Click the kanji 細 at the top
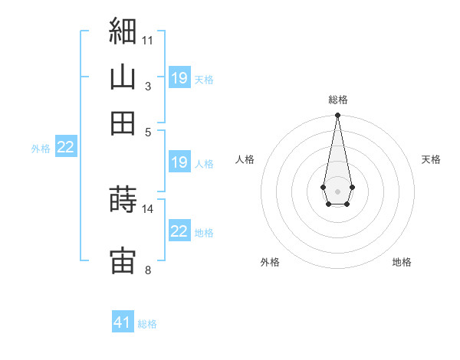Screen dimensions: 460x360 coord(123,31)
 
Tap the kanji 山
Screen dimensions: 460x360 coord(123,77)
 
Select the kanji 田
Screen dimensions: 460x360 coord(123,123)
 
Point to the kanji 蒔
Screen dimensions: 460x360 coord(123,198)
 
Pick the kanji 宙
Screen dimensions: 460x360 coord(123,260)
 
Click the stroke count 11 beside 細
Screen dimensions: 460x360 coord(147,41)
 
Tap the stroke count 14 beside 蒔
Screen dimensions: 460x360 coord(147,209)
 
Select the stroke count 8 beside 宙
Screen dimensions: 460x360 coord(148,270)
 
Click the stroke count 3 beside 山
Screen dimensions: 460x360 coord(148,87)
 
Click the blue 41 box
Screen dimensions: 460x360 coord(123,321)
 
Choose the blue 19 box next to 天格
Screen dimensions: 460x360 coord(180,77)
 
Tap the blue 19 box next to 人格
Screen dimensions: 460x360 coord(180,162)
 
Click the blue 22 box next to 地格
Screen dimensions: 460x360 coord(180,230)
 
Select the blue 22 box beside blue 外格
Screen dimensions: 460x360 coord(66,146)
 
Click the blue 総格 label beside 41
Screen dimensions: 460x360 coord(147,324)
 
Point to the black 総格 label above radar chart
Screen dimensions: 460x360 coord(338,100)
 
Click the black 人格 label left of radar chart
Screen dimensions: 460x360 coord(245,159)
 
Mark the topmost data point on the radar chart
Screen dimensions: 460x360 coord(337,115)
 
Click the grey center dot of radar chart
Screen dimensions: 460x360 coord(337,191)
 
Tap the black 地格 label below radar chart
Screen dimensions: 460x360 coord(402,262)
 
